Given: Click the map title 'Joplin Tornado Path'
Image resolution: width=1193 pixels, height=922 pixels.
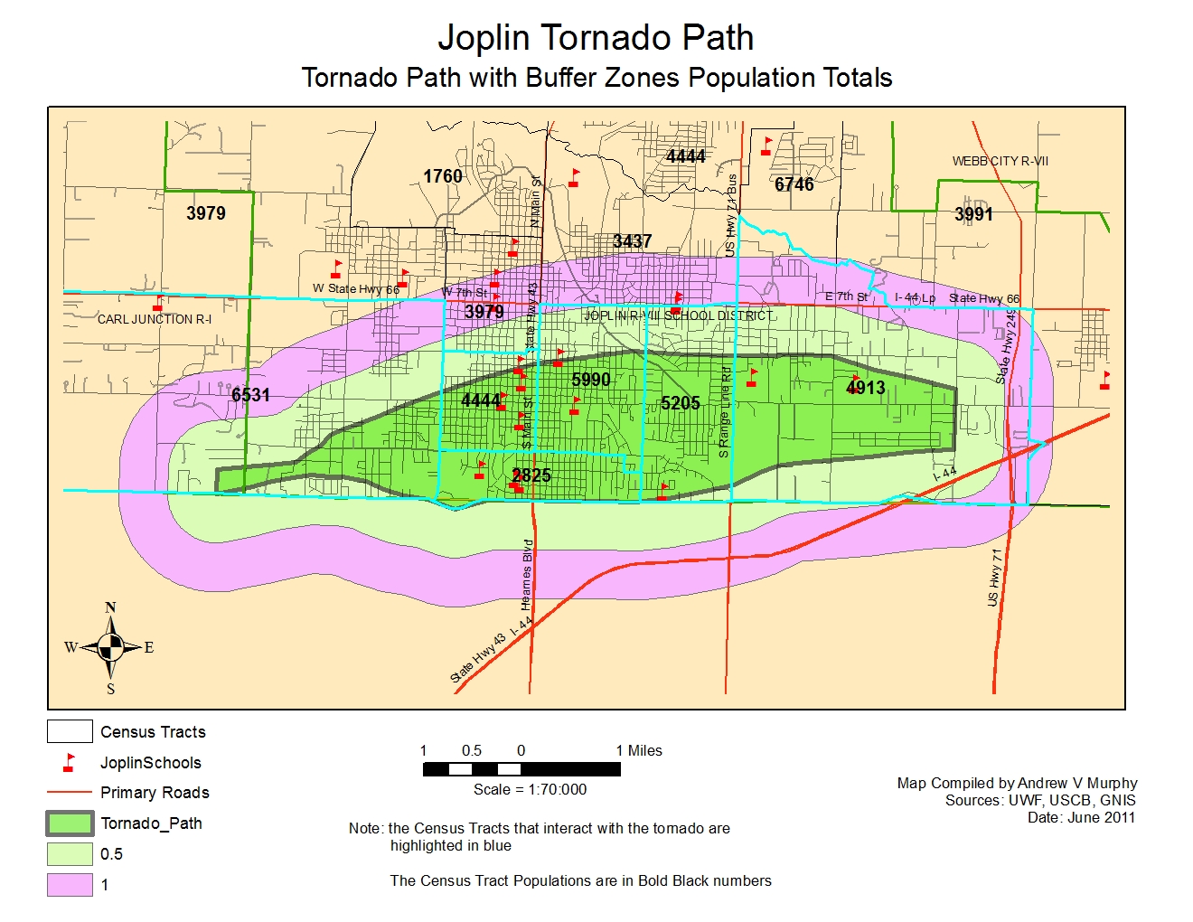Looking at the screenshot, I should tap(596, 38).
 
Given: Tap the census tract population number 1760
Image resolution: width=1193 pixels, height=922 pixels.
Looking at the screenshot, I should tap(443, 176).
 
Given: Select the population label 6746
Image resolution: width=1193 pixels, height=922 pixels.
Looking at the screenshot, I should tap(794, 184).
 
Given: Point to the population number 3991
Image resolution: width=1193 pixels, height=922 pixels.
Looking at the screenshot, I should tap(973, 214).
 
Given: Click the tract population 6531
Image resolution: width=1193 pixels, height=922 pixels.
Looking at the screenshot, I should tap(250, 395).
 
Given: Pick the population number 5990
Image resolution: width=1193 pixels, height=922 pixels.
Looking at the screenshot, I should tap(591, 380).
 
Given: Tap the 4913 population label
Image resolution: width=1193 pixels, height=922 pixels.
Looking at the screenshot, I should tap(865, 388).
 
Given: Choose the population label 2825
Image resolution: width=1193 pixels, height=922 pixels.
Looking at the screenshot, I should tap(531, 475).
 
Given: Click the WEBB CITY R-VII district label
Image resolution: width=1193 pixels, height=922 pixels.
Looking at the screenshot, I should tap(1000, 161).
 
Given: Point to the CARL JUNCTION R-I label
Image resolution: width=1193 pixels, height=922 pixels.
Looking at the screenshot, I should tap(155, 319).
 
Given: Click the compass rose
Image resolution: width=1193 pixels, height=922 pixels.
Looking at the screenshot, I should tap(110, 647).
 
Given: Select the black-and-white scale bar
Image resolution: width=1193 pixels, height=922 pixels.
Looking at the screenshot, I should tap(521, 769).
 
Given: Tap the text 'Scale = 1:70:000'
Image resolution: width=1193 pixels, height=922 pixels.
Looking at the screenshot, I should tap(530, 789).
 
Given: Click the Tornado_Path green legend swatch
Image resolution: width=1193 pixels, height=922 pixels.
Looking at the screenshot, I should tap(70, 823).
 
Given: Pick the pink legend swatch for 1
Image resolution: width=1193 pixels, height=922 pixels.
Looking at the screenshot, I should tap(70, 885).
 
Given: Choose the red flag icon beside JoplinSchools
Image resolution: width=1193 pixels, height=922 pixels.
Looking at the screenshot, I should tap(69, 763).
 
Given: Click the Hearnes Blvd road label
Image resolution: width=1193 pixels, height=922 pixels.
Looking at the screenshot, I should tap(528, 575).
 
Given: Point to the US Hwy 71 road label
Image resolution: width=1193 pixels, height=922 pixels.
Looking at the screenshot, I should tap(995, 577).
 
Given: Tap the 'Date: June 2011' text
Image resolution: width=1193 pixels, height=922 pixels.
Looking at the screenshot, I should tap(1081, 817).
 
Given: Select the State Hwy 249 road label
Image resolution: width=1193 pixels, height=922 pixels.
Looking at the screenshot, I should tap(1007, 345).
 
